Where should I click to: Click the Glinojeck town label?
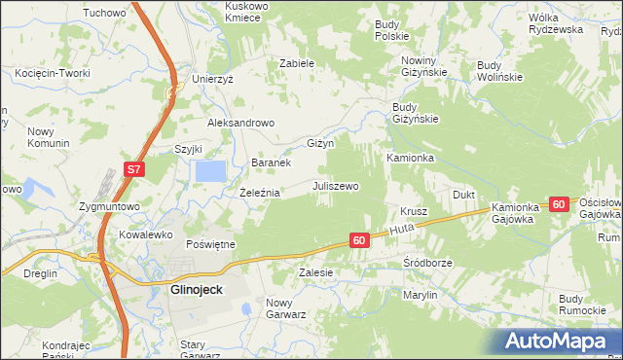183,289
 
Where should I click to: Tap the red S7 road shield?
134,170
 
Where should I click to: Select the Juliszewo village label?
336,186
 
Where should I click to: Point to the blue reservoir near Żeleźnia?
211,171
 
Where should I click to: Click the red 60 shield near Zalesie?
359,240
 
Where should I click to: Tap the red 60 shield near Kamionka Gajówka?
558,204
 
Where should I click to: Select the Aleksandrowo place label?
241,124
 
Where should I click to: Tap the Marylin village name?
420,294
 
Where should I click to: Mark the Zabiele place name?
296,63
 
